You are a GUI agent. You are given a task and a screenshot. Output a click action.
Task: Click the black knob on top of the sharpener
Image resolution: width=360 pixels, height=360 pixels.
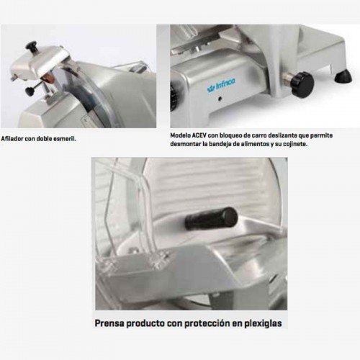pos(32,47)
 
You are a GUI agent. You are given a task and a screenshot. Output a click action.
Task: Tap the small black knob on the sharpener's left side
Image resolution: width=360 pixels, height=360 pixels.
pos(29,91)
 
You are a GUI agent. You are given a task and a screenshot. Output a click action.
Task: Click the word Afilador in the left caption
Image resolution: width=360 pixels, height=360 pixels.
pos(14,135)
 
